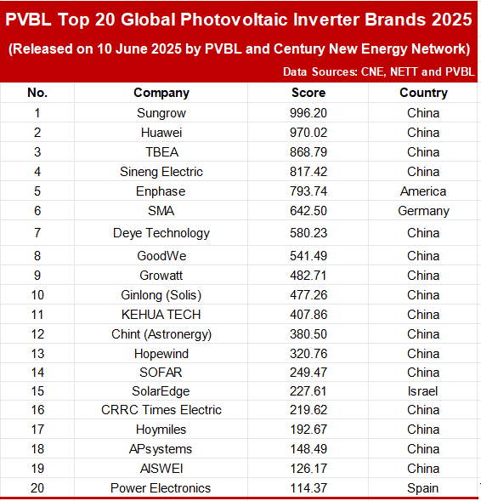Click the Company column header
click(x=161, y=93)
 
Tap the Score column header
click(x=308, y=93)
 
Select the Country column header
click(x=423, y=93)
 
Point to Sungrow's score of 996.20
click(x=308, y=113)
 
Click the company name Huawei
click(x=161, y=133)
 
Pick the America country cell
click(x=423, y=191)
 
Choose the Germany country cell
click(x=423, y=211)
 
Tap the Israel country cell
click(x=422, y=391)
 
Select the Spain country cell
click(x=422, y=488)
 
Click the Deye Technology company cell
click(x=161, y=233)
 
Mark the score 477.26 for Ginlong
click(x=308, y=295)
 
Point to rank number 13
click(x=37, y=354)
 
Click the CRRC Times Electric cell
click(x=161, y=410)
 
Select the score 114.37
click(x=308, y=488)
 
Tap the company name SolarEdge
click(x=161, y=391)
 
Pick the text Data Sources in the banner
click(x=320, y=71)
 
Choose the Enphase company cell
click(x=161, y=191)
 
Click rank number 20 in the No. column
click(x=37, y=488)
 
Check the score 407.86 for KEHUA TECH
click(x=308, y=315)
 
